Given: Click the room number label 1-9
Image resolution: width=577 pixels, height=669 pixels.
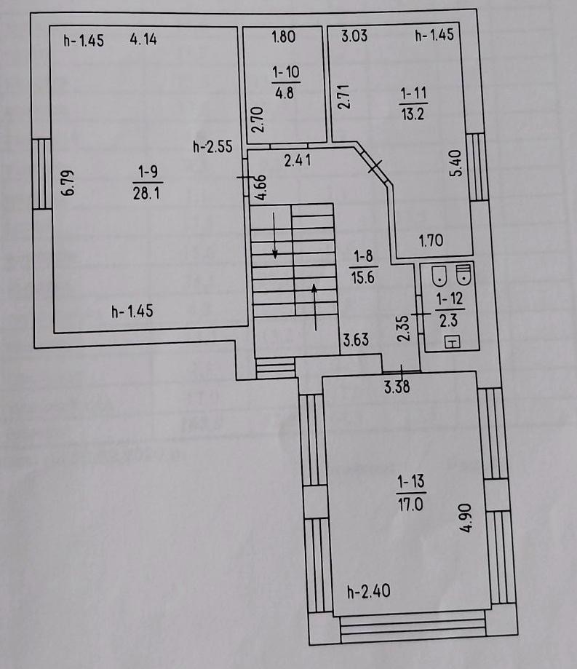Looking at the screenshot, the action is (148, 172).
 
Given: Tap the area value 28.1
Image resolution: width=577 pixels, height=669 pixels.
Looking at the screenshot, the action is (146, 194).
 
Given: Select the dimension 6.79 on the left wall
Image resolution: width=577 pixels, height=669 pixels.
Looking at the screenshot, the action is (68, 183).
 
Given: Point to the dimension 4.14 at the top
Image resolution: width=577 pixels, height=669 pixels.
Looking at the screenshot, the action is (143, 39).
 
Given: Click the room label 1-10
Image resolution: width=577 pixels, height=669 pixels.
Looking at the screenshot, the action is (286, 71).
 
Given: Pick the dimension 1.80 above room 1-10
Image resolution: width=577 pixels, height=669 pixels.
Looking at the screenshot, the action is (284, 36).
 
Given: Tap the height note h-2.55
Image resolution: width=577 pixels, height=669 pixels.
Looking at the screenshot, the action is (212, 147).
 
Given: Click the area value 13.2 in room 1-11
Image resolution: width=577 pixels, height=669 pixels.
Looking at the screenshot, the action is (413, 114).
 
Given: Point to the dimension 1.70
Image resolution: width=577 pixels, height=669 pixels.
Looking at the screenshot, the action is (431, 241).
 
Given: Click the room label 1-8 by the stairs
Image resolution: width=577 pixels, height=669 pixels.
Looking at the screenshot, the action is (363, 256).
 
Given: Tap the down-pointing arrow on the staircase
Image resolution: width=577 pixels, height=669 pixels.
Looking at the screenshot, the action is (275, 235).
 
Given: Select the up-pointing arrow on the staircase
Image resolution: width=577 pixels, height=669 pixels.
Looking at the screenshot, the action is (315, 307).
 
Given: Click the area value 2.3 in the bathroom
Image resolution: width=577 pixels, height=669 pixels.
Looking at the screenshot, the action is (449, 320).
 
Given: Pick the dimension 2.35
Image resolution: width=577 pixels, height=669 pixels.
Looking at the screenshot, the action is (403, 328).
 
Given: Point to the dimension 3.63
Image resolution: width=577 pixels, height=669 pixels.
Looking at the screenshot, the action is (356, 340).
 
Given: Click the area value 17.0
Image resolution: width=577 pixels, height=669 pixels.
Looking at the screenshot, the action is (410, 504).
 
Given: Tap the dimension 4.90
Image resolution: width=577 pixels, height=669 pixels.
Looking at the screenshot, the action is (466, 518).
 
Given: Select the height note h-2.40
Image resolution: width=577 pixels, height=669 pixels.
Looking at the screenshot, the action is (369, 591).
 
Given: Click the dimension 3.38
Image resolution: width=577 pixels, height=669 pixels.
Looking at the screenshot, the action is (397, 387).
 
